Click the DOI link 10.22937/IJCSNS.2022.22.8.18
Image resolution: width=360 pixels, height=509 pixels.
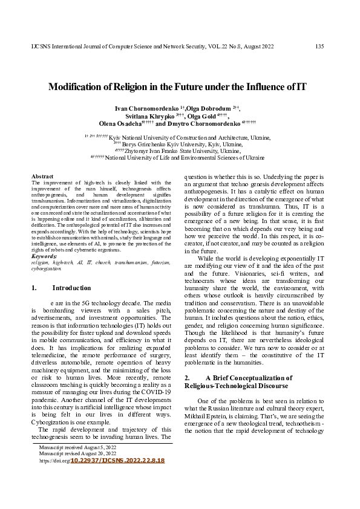(117, 461)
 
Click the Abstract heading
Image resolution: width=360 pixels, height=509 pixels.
(42, 176)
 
